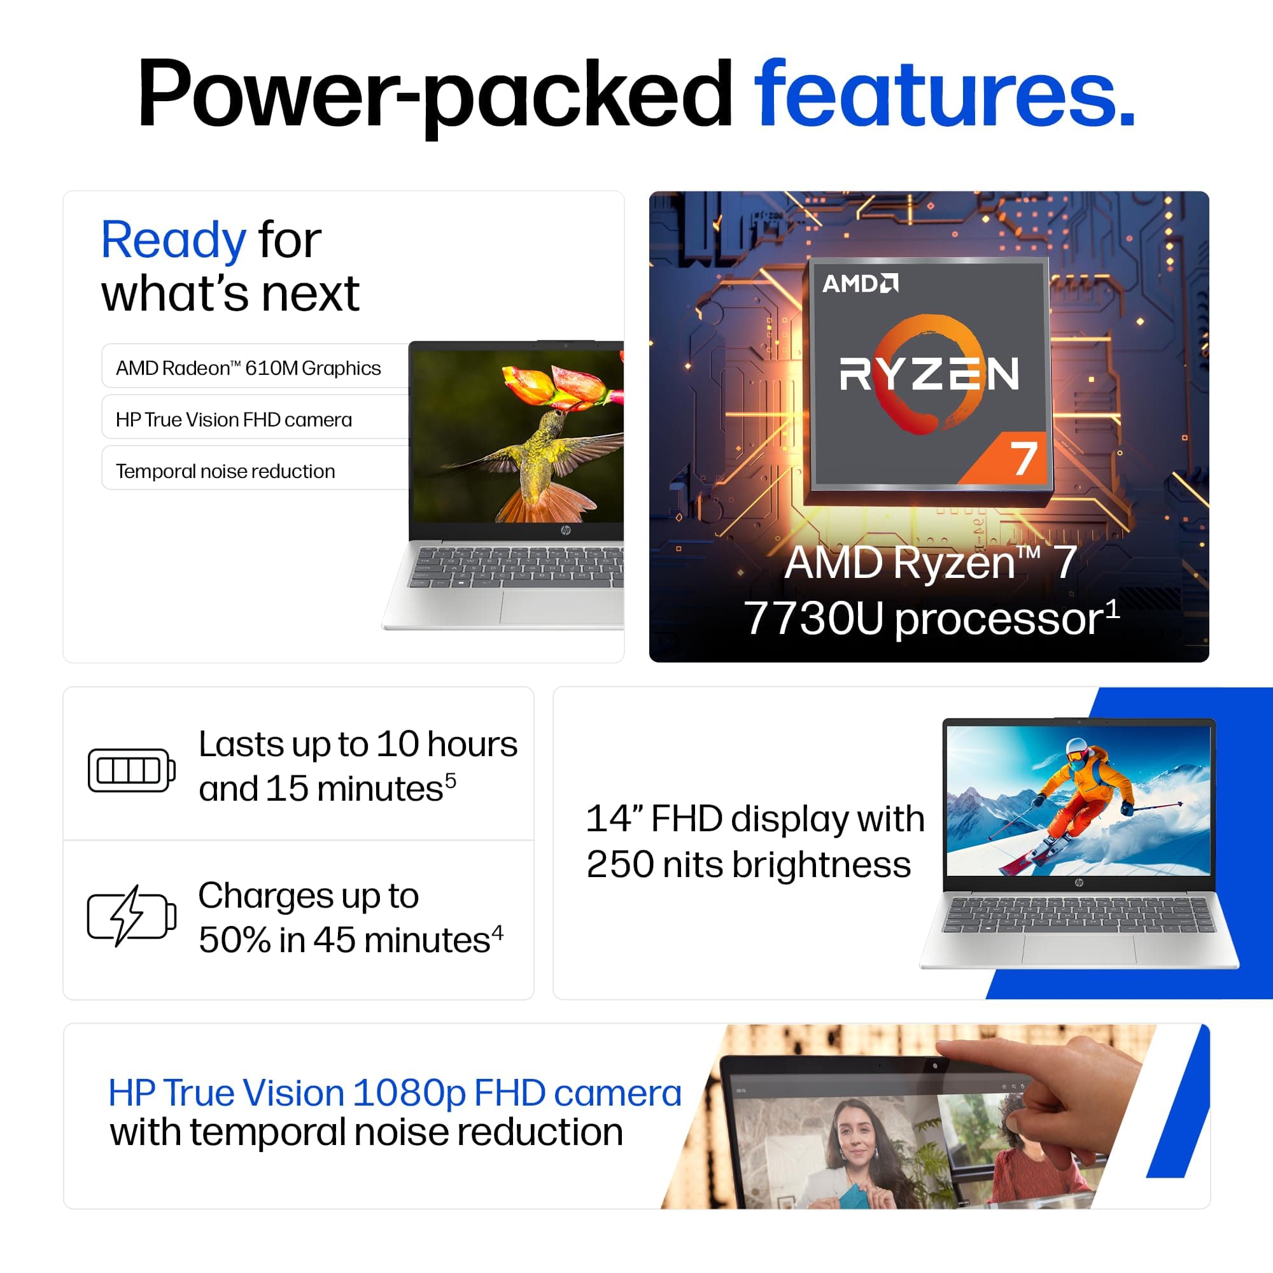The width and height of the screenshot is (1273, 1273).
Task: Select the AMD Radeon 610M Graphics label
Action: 248,368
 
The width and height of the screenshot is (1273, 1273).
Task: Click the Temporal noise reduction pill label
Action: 225,471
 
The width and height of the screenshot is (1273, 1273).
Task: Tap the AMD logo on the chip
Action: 860,283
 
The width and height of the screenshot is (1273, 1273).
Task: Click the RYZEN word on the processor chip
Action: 929,374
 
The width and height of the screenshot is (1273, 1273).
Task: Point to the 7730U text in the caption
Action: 813,619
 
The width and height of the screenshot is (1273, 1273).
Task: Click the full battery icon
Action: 132,770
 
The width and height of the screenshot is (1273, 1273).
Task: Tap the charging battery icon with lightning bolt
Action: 132,916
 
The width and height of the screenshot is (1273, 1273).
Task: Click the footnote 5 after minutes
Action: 451,780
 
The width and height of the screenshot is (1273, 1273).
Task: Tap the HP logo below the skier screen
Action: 1079,883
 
